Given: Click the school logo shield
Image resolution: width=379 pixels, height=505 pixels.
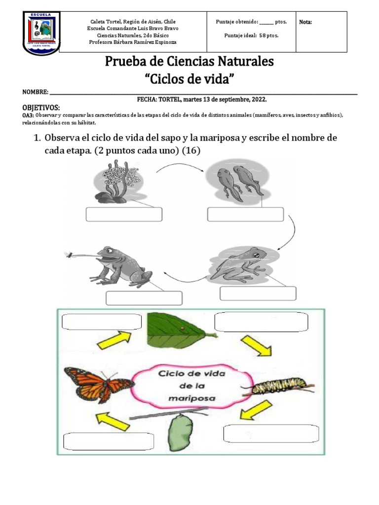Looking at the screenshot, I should pos(41,33).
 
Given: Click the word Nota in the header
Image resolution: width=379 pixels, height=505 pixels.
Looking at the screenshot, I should pos(305,22).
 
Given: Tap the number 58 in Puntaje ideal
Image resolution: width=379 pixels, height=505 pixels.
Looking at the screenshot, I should pos(262,36).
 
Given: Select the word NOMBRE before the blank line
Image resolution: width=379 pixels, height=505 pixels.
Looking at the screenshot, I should pos(35,92).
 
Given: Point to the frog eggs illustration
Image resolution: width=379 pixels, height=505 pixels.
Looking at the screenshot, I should pos(116,180).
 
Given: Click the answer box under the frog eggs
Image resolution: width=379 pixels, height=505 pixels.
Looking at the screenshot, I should pos(124,215).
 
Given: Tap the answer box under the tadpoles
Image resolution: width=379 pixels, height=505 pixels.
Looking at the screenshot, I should pos(245,215).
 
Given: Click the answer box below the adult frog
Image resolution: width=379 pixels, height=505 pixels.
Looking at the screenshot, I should pos(144,298).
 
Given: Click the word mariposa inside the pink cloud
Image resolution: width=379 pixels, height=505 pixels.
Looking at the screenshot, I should pos(192,397).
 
